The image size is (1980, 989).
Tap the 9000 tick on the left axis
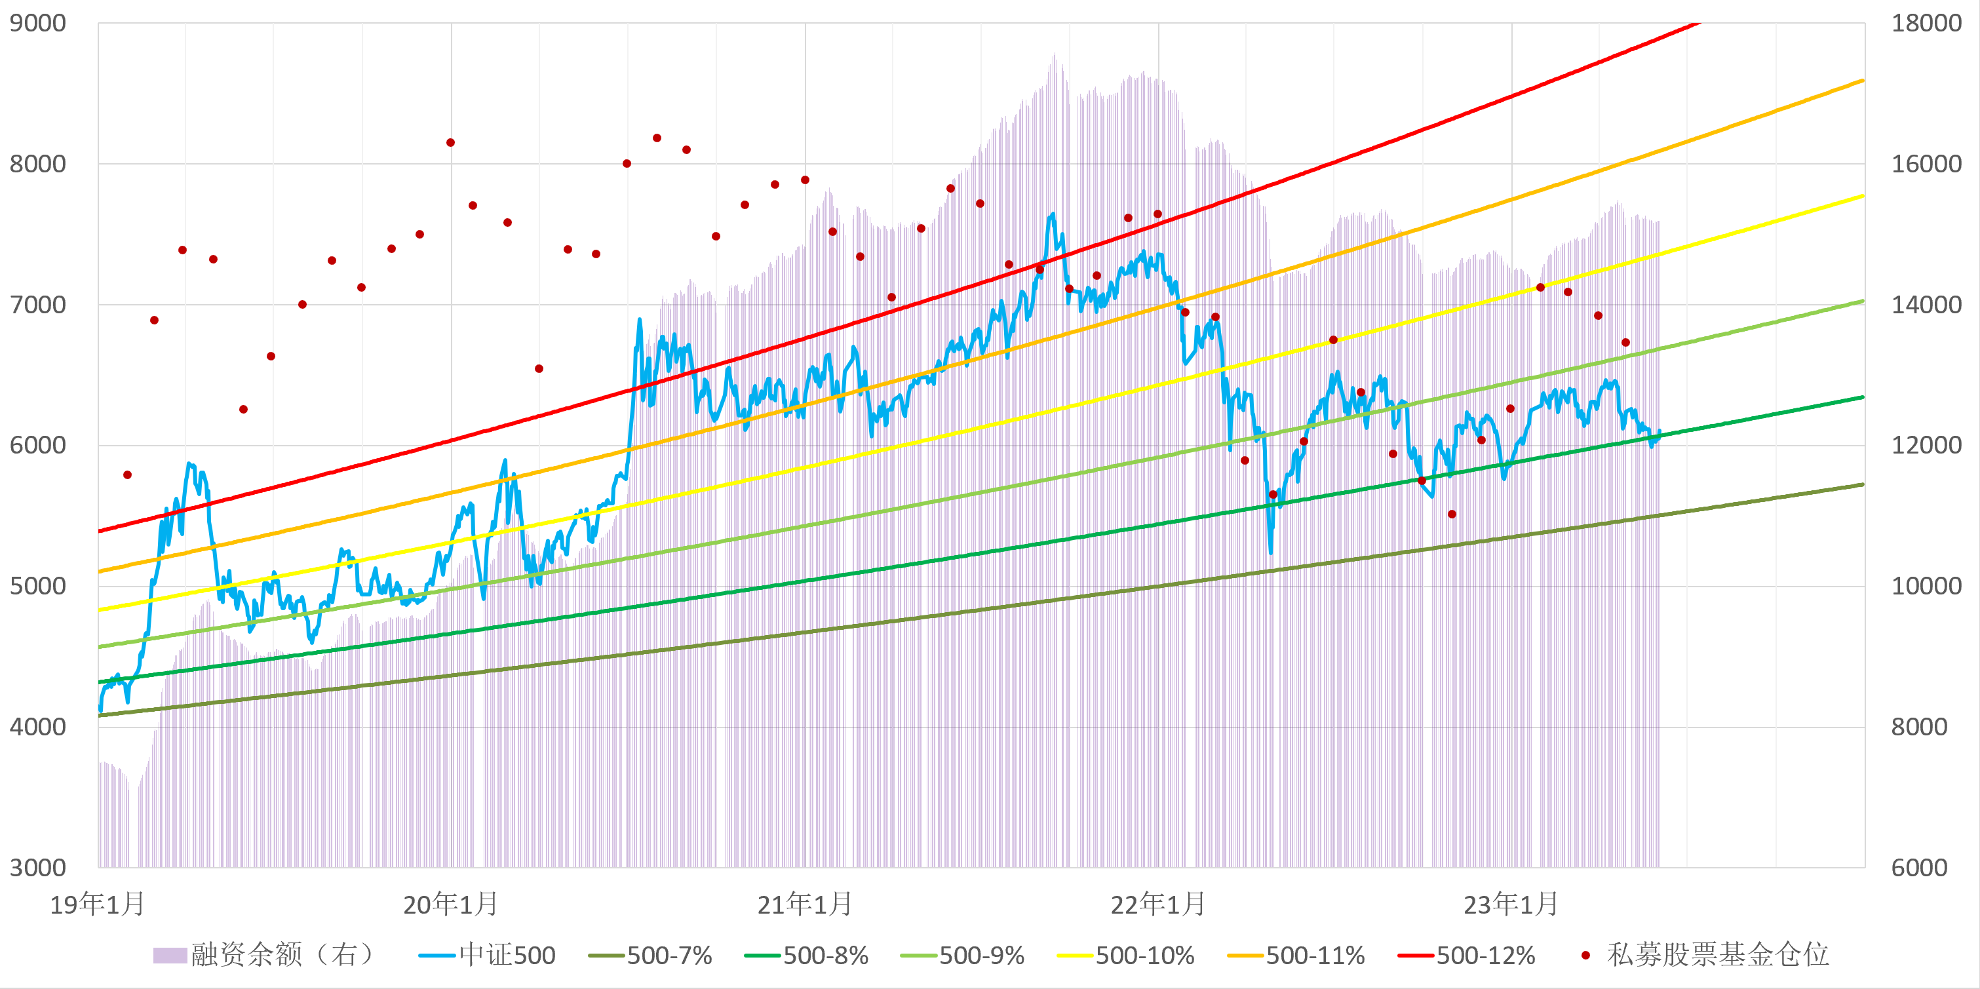click(37, 23)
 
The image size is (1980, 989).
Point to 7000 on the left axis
click(37, 304)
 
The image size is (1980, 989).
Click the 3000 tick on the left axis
click(37, 868)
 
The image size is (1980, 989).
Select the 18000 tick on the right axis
click(1926, 23)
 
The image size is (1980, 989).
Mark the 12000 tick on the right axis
click(1926, 445)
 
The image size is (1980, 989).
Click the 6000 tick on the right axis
click(1919, 868)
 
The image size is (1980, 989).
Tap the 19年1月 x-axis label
click(98, 904)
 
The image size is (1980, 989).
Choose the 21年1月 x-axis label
click(805, 904)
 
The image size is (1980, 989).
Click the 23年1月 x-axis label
click(1511, 904)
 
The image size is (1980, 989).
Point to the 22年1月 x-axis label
click(1158, 904)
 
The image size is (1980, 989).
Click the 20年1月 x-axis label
click(451, 904)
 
